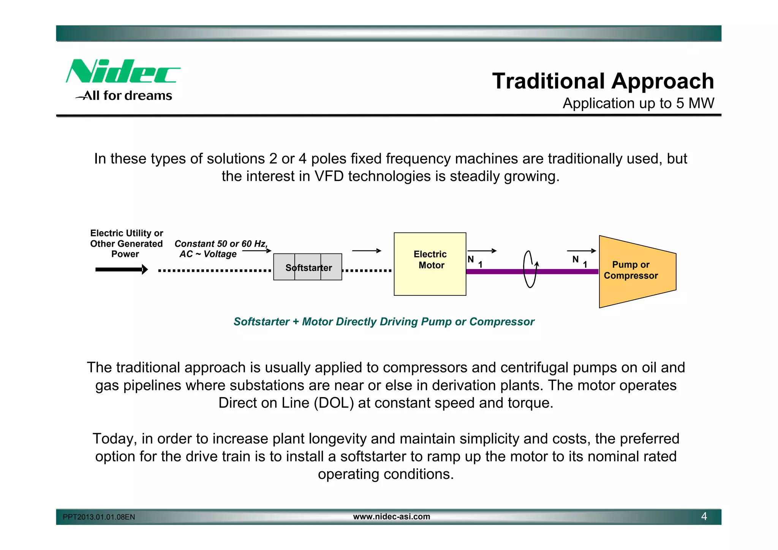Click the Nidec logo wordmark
[122, 71]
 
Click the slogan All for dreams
[127, 96]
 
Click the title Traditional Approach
[603, 81]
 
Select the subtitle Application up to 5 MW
[638, 103]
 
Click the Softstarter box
[308, 267]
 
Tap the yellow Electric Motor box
[430, 264]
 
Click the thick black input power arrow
[121, 269]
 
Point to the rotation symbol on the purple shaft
[530, 269]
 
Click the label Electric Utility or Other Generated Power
[126, 244]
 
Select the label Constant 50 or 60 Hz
[221, 244]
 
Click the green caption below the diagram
[384, 322]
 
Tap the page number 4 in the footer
[704, 517]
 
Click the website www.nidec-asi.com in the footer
[391, 517]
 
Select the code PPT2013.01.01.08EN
[99, 517]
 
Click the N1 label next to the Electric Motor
[475, 262]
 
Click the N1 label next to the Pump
[580, 262]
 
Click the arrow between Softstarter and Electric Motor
[367, 251]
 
